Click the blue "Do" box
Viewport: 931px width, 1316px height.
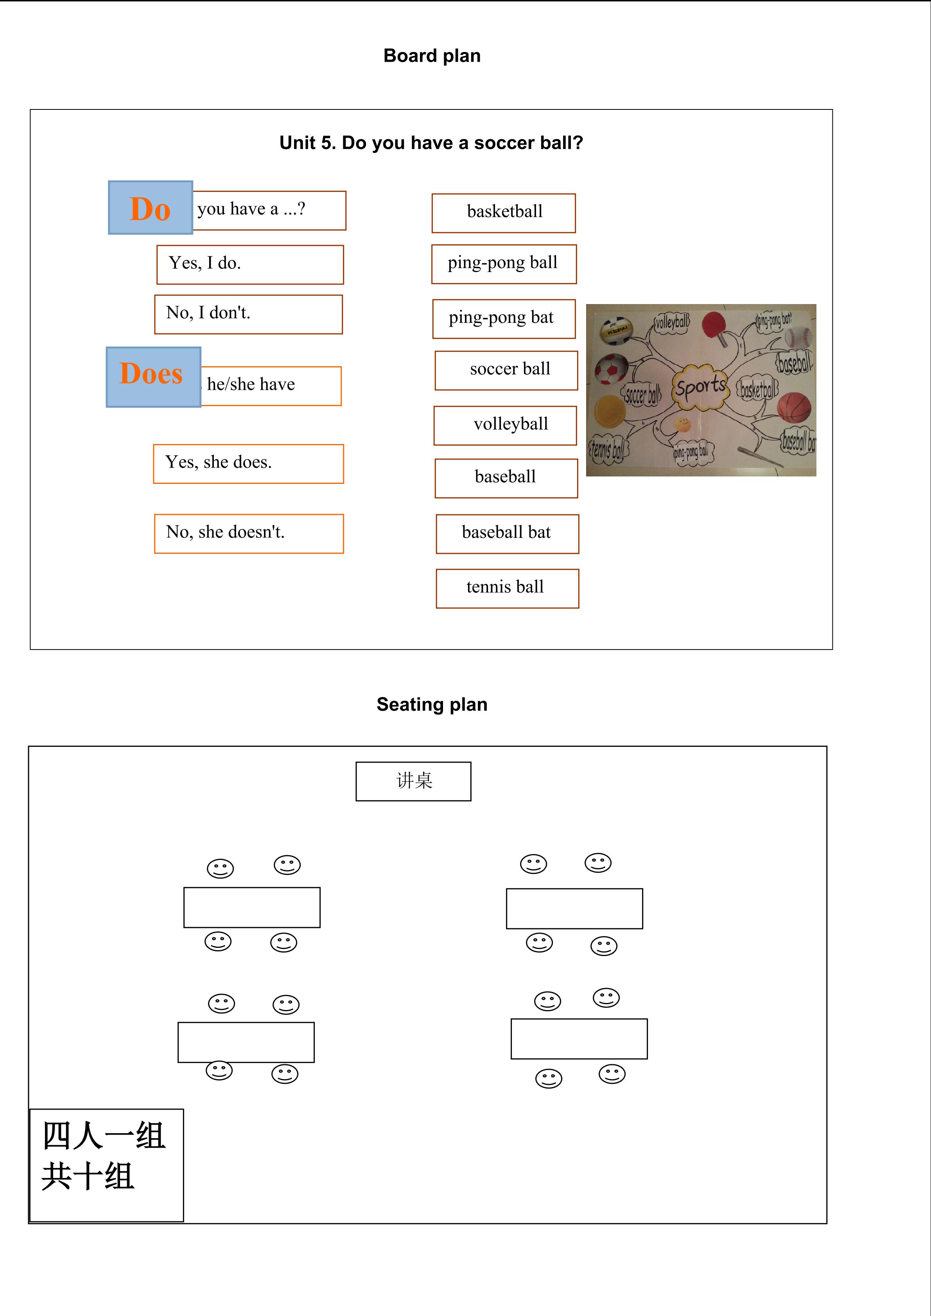tap(150, 208)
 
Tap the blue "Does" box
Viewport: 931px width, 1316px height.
tap(153, 376)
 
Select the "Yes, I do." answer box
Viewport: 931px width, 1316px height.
tap(250, 264)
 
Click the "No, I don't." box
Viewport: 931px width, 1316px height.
tap(248, 314)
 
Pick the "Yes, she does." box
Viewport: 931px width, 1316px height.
tap(248, 464)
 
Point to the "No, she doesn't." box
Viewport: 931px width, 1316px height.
tap(249, 534)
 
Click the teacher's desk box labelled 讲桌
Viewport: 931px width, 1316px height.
tap(413, 781)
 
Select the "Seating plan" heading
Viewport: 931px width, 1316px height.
tap(432, 704)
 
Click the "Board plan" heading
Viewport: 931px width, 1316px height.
tap(432, 56)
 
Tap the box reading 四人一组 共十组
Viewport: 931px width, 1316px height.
tap(107, 1165)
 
